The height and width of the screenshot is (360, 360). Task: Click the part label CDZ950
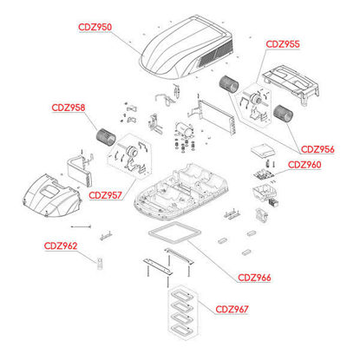click(x=95, y=27)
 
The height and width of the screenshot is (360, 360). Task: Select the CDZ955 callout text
click(x=283, y=44)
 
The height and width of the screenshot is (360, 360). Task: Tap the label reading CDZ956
click(x=317, y=149)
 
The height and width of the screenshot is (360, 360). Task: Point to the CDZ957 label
click(x=105, y=195)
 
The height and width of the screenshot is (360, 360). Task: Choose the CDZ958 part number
click(x=69, y=108)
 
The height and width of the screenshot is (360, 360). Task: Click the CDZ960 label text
click(x=304, y=165)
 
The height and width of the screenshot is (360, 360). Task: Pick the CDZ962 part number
click(x=61, y=246)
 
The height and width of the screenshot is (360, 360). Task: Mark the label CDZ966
click(x=254, y=278)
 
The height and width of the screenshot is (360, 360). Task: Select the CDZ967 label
click(x=232, y=309)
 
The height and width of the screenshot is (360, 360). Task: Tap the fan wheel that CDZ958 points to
click(x=106, y=136)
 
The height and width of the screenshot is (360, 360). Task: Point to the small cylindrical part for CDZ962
click(x=100, y=263)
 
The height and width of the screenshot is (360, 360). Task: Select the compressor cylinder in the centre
click(x=184, y=129)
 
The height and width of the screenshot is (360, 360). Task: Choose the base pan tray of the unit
click(x=182, y=191)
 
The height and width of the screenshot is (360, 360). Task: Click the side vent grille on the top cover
click(x=216, y=54)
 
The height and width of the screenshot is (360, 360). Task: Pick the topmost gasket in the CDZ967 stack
click(x=182, y=296)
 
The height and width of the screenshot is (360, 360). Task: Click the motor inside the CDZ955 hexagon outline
click(x=255, y=98)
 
